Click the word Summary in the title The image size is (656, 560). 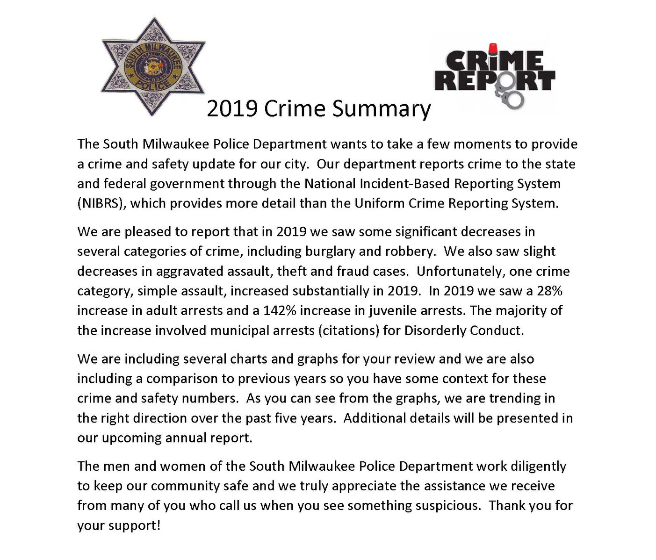pyautogui.click(x=381, y=109)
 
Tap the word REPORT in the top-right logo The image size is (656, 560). pyautogui.click(x=494, y=80)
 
